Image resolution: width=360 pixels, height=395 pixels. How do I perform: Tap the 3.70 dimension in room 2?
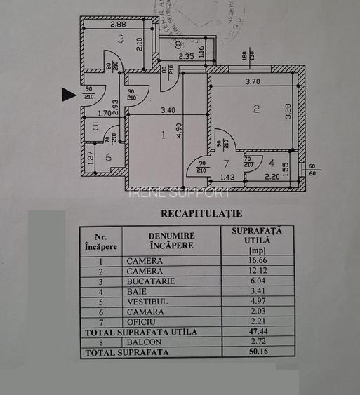click(x=253, y=82)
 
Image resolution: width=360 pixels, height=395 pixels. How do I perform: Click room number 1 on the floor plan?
click(x=163, y=135)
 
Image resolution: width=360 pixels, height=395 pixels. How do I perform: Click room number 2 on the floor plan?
click(x=257, y=108)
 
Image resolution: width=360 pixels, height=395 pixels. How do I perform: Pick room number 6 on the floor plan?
click(x=109, y=157)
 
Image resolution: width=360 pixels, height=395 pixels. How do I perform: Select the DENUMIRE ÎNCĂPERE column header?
click(x=171, y=241)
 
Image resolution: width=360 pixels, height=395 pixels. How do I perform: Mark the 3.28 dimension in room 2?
click(x=288, y=112)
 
